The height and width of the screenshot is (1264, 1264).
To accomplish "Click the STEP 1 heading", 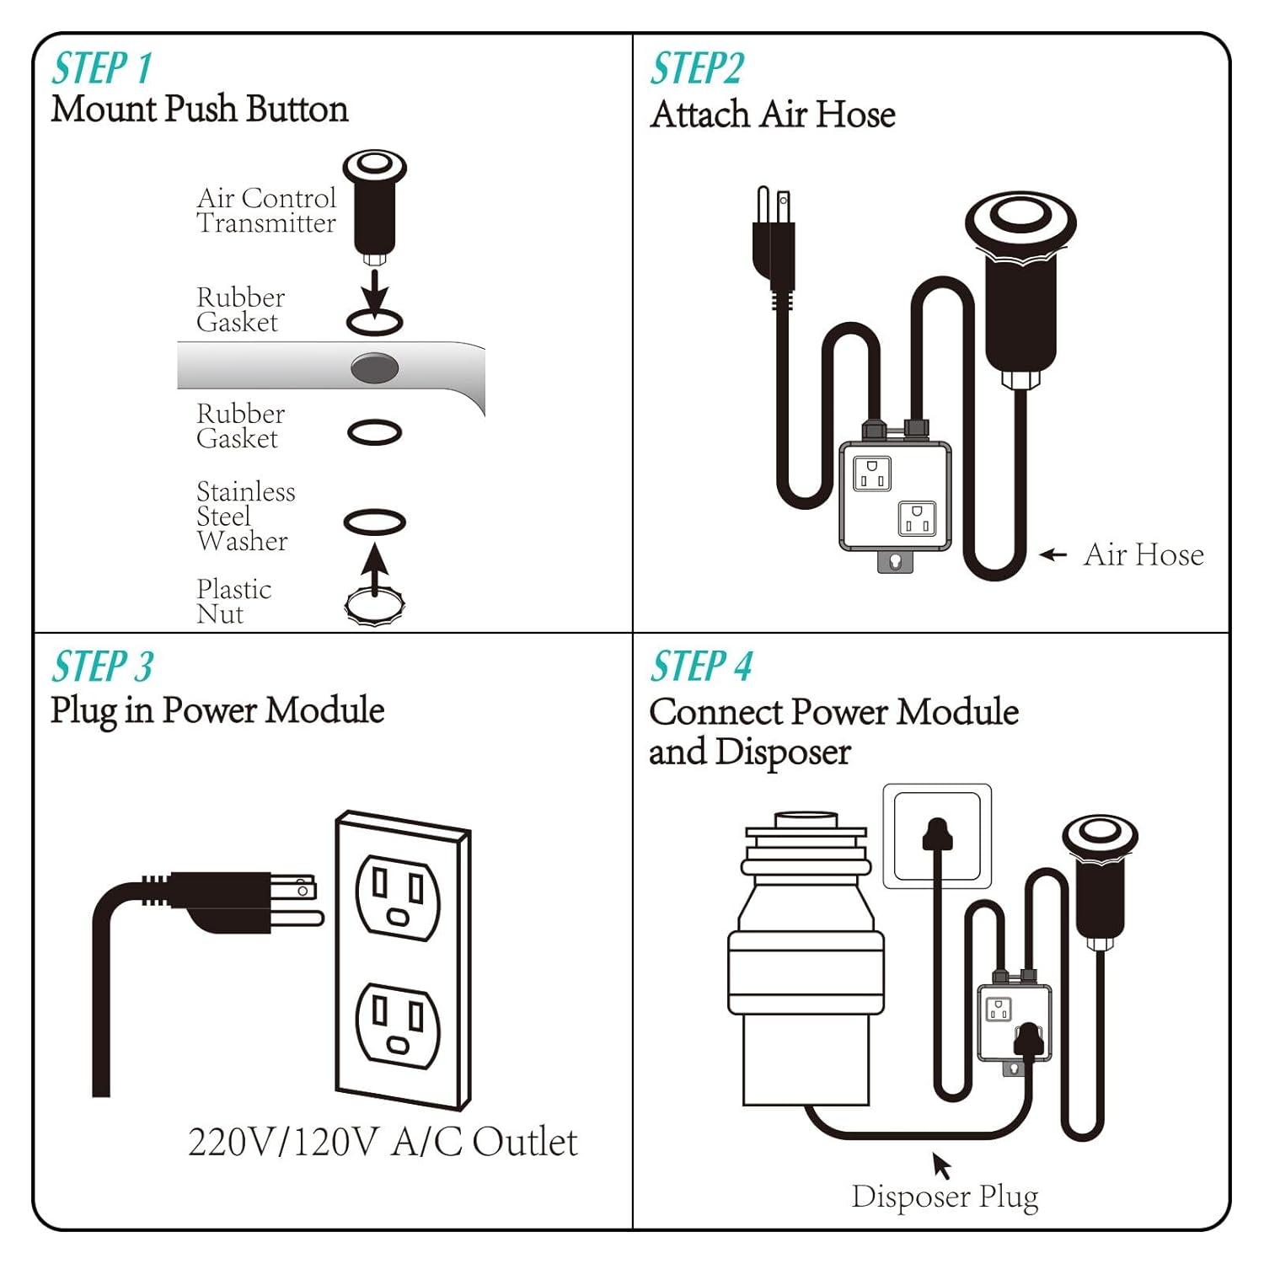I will [x=102, y=68].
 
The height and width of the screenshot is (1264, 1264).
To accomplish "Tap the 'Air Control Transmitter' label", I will [x=266, y=211].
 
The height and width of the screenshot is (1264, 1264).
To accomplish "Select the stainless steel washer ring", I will [x=375, y=522].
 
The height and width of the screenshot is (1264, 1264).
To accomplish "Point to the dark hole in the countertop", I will [x=374, y=368].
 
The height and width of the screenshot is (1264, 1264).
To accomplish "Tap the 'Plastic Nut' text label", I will [x=233, y=602].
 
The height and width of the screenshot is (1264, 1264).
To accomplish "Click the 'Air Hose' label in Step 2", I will [x=1143, y=554].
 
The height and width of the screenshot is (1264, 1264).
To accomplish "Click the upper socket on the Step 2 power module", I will [x=872, y=473].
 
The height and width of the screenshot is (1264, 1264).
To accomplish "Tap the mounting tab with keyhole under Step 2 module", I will [x=895, y=560].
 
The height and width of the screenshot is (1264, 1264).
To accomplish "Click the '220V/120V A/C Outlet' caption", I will [x=383, y=1142].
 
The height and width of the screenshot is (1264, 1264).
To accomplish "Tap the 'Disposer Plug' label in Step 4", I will [x=945, y=1196].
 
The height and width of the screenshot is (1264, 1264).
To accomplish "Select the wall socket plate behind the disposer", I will [x=936, y=836].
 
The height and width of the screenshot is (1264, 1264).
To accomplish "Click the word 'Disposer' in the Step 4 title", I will [x=783, y=752].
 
